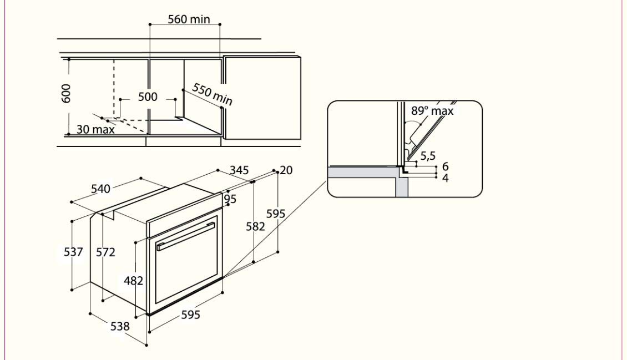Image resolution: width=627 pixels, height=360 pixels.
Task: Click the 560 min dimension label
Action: (189, 19)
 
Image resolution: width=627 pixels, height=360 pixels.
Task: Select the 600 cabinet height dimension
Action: (67, 94)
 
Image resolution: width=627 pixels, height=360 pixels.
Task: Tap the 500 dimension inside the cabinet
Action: (148, 97)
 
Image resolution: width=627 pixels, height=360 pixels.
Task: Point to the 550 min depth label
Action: (212, 94)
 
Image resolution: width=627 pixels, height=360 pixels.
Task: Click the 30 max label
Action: (95, 130)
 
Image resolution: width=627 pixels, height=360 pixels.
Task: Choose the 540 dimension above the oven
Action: (100, 189)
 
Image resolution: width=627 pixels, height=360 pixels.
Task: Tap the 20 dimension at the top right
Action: (286, 170)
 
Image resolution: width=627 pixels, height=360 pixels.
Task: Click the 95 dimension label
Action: (230, 199)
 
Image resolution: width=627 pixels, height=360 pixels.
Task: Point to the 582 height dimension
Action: (256, 226)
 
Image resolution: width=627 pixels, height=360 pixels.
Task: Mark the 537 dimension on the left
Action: (73, 252)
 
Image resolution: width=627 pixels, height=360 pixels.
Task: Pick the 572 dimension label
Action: (105, 252)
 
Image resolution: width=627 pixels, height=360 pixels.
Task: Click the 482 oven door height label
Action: (133, 281)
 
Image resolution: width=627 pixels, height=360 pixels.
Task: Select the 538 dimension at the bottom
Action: (119, 326)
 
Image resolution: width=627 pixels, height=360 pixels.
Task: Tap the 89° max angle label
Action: (432, 111)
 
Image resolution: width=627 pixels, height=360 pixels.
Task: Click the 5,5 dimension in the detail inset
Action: (427, 156)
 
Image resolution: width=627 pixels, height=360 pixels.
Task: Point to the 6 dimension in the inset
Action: (445, 167)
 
